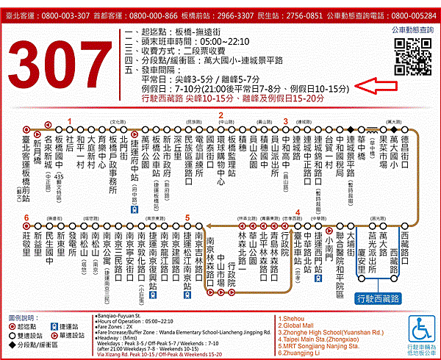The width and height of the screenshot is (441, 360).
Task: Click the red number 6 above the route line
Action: (x=26, y=218)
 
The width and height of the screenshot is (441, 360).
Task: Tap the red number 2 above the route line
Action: (x=220, y=115)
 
